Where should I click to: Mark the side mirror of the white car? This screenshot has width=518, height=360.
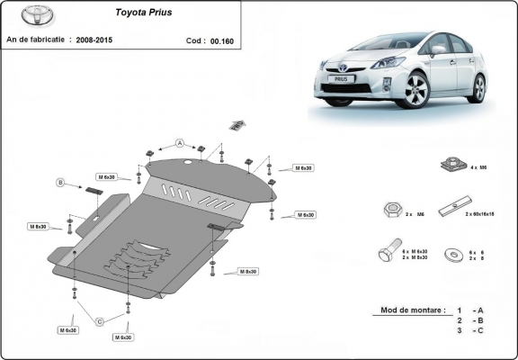pos(438,50)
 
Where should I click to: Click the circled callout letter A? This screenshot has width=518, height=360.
pos(180,143)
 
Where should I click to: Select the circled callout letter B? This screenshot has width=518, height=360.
pos(61,183)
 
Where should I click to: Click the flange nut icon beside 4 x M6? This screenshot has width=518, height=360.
pos(450,166)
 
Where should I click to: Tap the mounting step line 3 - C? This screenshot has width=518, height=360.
pos(471,332)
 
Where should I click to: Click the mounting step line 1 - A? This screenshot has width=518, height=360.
pos(471,310)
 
